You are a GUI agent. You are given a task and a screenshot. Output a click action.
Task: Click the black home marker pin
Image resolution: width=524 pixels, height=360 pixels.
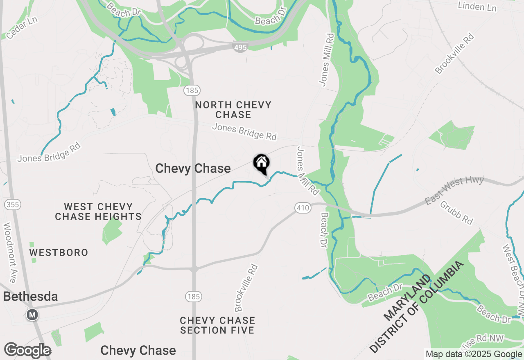pos(262,164)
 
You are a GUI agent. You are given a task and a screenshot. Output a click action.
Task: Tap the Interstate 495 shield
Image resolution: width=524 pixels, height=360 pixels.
pos(240,47)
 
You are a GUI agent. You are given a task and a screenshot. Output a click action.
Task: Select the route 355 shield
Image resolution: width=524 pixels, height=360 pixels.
pos(13,205)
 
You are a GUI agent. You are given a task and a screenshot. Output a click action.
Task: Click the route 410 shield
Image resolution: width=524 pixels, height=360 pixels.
pos(303,208)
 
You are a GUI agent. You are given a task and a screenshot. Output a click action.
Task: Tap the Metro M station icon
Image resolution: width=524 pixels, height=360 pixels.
pos(32,315)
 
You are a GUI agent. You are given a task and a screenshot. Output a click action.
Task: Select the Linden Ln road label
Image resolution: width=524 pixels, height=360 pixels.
pos(477,7)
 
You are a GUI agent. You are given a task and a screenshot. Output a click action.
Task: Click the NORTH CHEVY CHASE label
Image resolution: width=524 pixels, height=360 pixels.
pos(233,110)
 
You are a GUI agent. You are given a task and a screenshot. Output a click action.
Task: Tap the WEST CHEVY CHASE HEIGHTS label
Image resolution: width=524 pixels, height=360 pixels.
pos(98,211)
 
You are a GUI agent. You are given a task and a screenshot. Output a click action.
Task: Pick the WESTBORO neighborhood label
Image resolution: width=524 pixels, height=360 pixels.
pos(59,252)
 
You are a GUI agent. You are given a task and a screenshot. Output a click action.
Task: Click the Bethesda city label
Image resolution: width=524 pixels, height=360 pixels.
pos(30,297)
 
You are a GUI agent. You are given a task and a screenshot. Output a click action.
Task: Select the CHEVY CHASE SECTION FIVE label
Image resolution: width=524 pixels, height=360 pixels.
pos(217,325)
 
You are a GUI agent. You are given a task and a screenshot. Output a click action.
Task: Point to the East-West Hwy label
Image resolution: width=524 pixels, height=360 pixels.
pos(454,190)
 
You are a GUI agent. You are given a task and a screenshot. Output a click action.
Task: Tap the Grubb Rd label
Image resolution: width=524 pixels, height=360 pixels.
pos(456,212)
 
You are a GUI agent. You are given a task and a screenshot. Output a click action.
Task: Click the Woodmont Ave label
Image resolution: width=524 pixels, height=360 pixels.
pos(9,252)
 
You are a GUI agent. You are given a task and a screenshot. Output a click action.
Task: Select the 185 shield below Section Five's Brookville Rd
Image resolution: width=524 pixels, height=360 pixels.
pos(192,297)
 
